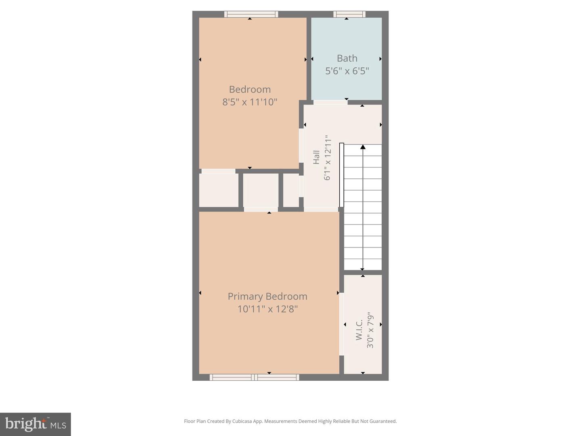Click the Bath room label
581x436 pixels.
pos(347,59)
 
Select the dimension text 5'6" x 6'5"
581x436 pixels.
pos(347,71)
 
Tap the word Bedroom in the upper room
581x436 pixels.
pos(250,89)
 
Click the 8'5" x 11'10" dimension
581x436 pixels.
pos(250,102)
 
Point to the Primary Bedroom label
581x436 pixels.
pos(268,296)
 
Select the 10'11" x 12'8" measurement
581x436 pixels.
pos(268,309)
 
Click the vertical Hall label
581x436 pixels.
pos(316,157)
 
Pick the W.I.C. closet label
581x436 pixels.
pos(359,329)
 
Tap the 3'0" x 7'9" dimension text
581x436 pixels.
pos(370,329)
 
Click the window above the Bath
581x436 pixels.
pos(349,14)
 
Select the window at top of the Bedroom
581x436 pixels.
pos(251,14)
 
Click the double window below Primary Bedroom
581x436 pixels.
pos(254,377)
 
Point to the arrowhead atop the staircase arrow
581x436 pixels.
pos(363,147)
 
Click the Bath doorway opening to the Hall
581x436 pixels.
pos(330,102)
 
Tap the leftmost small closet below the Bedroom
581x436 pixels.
pos(219,190)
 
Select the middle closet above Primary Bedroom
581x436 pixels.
pos(261,190)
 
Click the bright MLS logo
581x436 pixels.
pos(36,424)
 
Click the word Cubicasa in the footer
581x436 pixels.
pos(242,421)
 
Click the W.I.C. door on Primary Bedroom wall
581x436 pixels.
pos(342,324)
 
